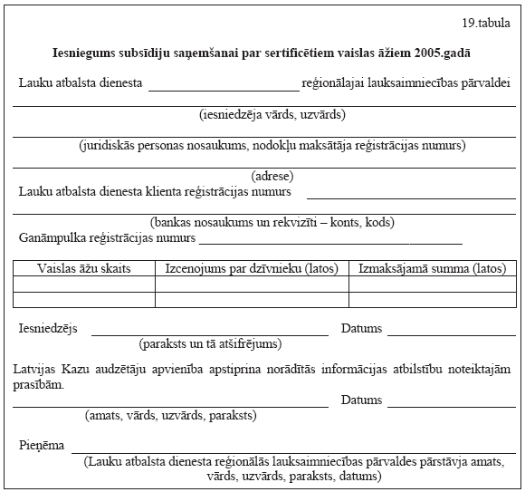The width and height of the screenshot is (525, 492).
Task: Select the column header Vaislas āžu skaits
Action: coord(84,269)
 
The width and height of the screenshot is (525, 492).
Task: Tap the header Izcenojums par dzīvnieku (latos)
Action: coord(252,269)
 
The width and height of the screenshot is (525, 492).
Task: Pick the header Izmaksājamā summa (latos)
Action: coord(432,269)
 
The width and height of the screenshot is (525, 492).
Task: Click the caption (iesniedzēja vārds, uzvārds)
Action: coord(272,115)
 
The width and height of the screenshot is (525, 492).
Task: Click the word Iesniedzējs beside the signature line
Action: coord(48,329)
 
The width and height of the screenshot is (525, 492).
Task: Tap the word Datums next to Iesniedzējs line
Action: coord(361,329)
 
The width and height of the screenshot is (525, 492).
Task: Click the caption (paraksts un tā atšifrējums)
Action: coord(210,344)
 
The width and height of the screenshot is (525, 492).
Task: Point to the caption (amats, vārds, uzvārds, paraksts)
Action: coord(170,416)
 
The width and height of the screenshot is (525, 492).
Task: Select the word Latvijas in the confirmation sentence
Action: coord(37,369)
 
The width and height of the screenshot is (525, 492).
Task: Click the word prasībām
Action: coord(39,384)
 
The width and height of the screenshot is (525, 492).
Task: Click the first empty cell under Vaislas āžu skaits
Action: coord(84,285)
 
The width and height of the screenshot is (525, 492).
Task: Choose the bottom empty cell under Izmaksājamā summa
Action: coord(432,300)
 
